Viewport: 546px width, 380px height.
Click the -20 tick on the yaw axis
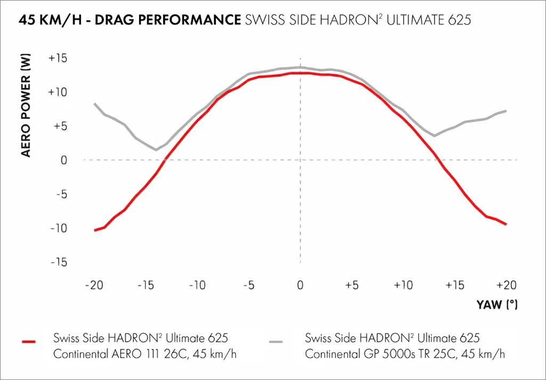[94, 285]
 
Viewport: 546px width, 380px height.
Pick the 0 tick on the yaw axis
[300, 285]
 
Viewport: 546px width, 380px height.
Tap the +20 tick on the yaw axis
[505, 285]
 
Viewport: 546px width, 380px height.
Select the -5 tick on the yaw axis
[248, 285]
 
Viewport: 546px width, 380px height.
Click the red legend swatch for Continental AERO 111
[28, 341]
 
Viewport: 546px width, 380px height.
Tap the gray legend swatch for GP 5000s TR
[276, 341]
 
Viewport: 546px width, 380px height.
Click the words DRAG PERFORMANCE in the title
[179, 21]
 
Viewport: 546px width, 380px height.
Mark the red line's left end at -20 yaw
[95, 230]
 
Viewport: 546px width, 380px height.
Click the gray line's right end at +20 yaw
[505, 111]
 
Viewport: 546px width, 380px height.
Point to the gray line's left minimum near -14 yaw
[156, 150]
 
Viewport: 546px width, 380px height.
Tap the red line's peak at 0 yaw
[300, 73]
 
